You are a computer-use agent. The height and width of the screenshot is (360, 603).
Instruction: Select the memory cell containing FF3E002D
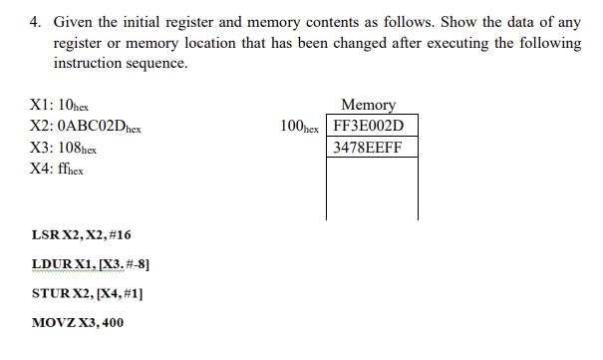pyautogui.click(x=370, y=127)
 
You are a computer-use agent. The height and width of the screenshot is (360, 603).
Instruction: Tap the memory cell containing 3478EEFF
pyautogui.click(x=370, y=148)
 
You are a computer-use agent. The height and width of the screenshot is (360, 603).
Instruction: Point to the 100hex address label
pyautogui.click(x=300, y=128)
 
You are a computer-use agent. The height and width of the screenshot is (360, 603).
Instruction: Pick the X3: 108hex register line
pyautogui.click(x=65, y=148)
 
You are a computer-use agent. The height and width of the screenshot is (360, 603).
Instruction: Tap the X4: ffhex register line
pyautogui.click(x=58, y=169)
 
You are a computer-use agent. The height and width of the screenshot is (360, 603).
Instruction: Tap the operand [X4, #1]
pyautogui.click(x=120, y=294)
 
